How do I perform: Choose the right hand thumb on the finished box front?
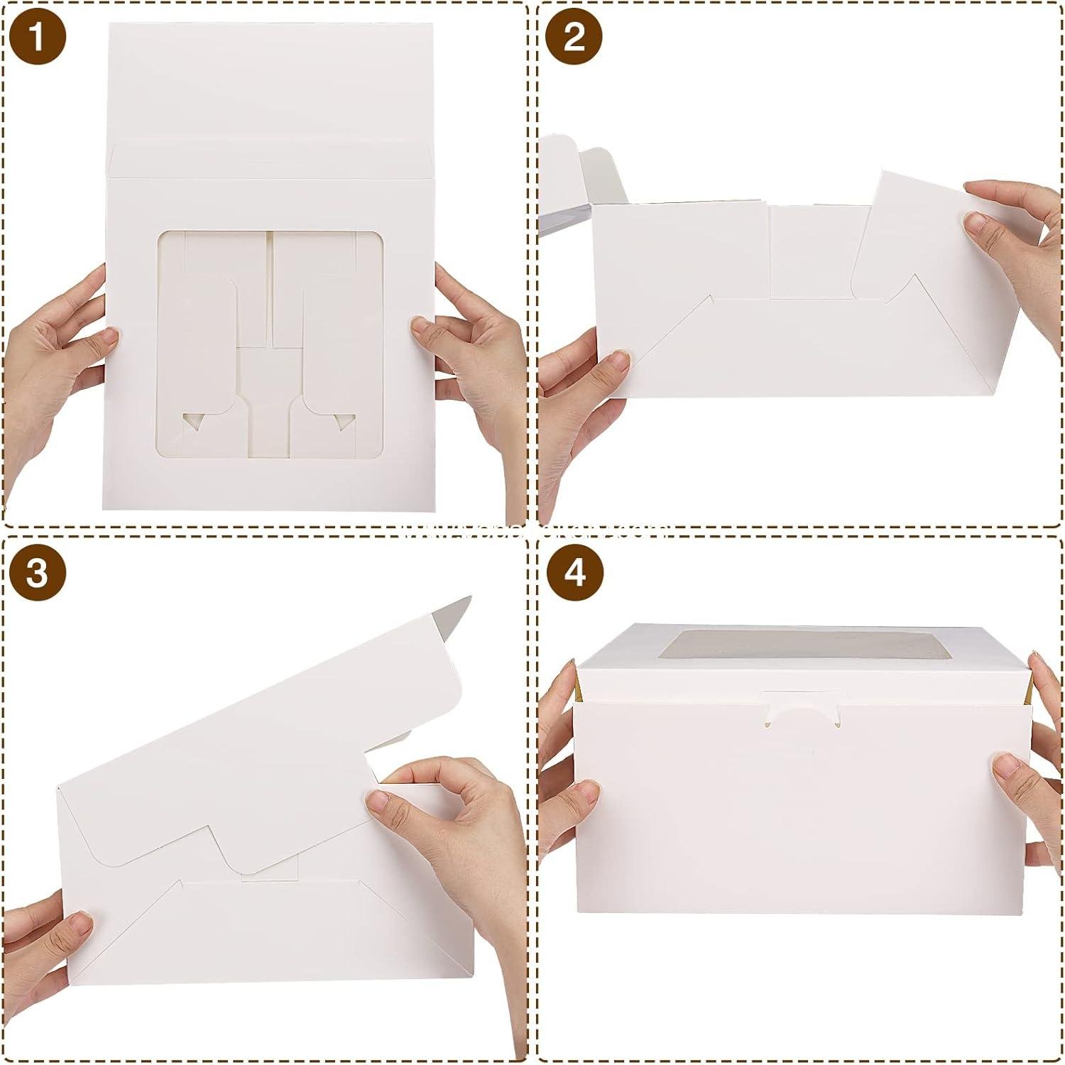1008,770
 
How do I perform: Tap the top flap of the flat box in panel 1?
273,85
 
